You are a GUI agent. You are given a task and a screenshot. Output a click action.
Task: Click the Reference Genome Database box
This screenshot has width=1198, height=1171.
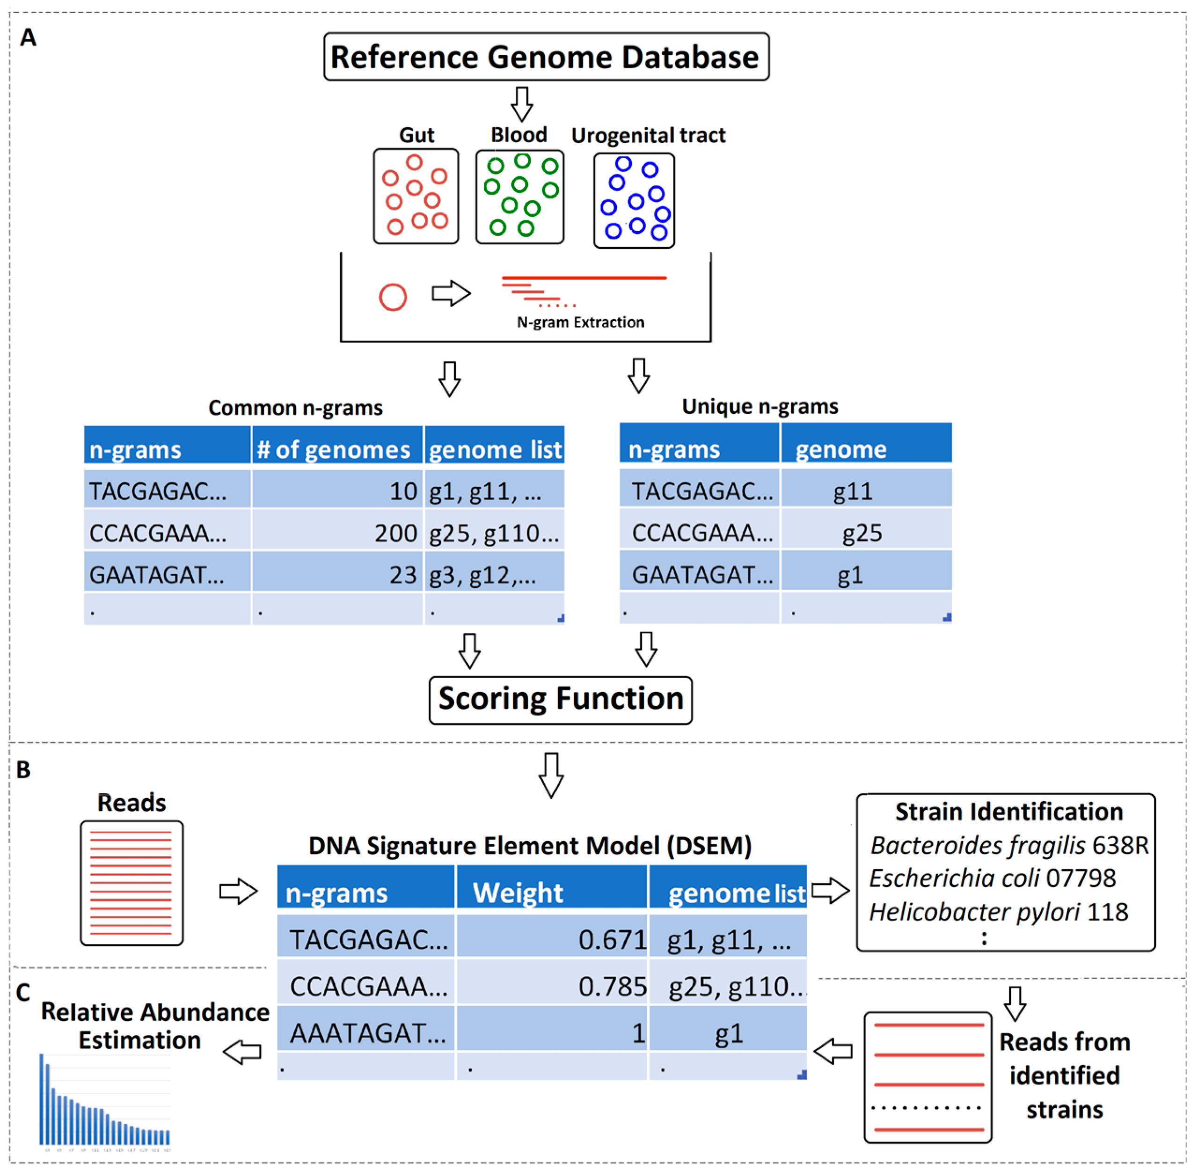point(546,57)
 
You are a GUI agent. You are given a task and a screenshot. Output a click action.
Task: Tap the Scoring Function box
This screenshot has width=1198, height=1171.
point(560,700)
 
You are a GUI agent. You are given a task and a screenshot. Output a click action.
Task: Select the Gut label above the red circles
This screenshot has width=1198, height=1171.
point(416,135)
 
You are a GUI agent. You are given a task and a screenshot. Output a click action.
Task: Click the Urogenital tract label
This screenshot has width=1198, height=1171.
point(648,135)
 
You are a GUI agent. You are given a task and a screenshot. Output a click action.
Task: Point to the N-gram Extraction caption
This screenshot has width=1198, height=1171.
point(580,322)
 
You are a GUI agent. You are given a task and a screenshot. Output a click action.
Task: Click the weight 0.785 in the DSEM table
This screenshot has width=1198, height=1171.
point(613,986)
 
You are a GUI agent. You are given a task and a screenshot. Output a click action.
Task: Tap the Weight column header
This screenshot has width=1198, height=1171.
point(518,893)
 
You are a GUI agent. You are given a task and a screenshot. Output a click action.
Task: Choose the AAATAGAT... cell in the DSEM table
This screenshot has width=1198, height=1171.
point(368,1033)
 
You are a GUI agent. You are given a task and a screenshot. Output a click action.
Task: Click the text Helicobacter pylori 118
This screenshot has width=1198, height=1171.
point(998,911)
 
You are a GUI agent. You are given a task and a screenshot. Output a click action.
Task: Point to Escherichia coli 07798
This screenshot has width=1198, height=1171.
point(992,878)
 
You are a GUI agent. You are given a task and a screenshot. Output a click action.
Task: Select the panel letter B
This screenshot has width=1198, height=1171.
point(23,769)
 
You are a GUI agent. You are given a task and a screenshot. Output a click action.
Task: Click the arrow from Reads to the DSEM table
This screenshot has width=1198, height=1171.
point(238,891)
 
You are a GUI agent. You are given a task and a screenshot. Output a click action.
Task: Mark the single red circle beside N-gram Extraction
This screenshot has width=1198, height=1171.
point(393,297)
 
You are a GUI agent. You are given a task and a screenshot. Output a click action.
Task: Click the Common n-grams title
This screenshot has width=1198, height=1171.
point(295,407)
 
